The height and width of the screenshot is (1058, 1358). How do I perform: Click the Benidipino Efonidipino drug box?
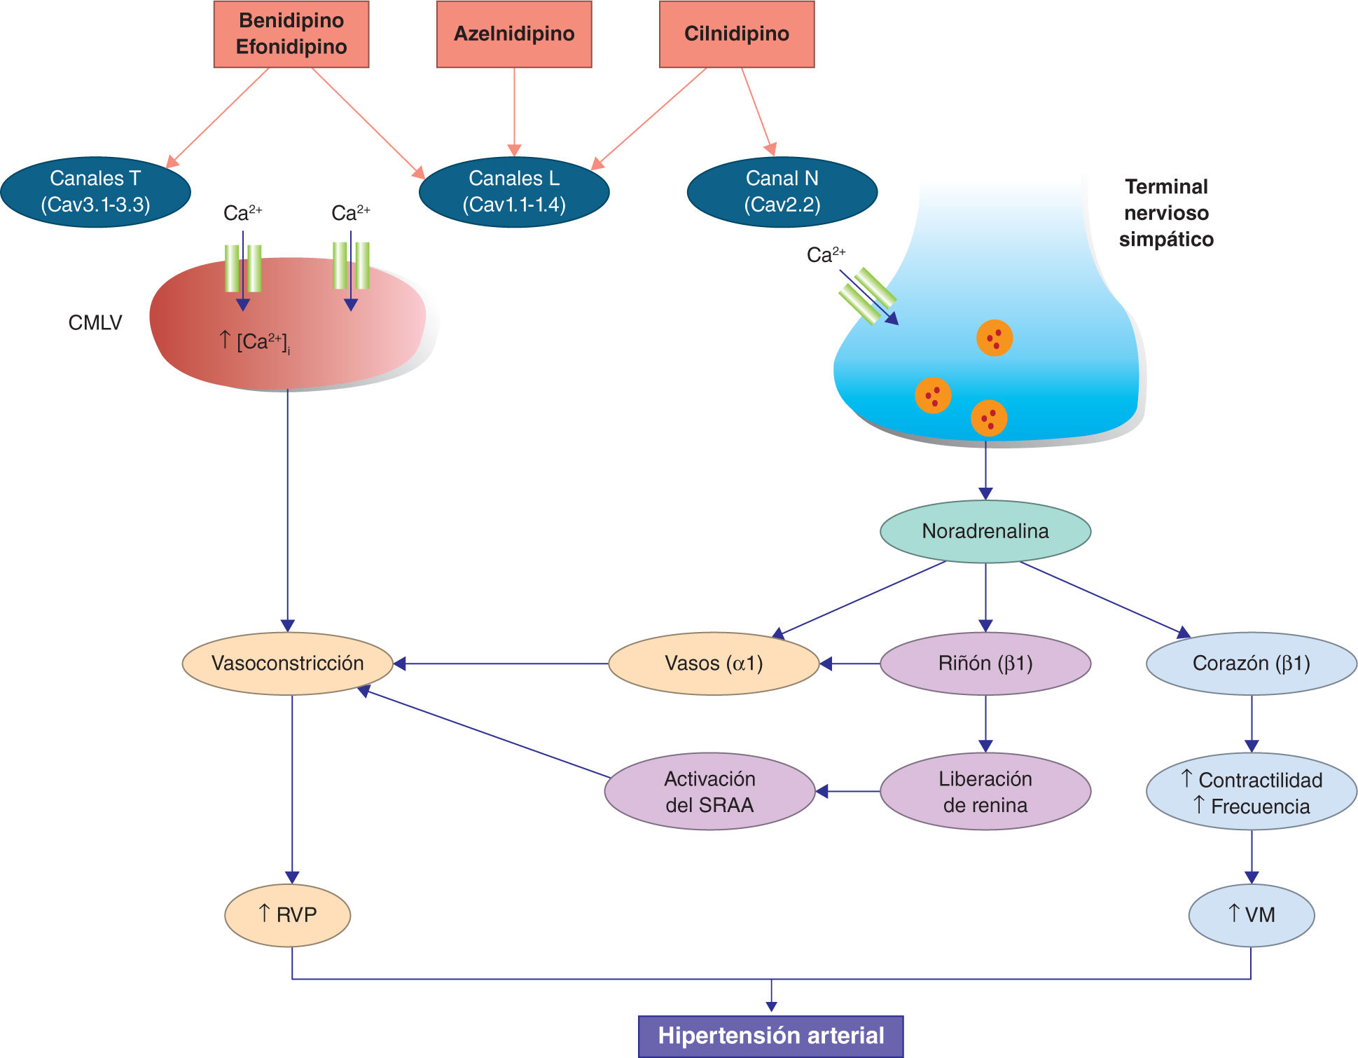pyautogui.click(x=291, y=34)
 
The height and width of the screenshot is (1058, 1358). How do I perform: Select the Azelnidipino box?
pyautogui.click(x=514, y=34)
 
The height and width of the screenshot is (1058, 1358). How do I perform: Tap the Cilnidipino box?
pyautogui.click(x=737, y=34)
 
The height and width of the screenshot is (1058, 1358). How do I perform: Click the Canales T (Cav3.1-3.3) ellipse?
pyautogui.click(x=96, y=191)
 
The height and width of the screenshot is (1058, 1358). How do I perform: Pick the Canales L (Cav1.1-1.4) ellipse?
pyautogui.click(x=514, y=191)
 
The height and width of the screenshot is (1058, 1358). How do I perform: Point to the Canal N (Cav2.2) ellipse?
pyautogui.click(x=782, y=191)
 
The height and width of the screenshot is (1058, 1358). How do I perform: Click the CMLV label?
pyautogui.click(x=95, y=322)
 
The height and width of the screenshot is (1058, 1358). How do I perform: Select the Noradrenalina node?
pyautogui.click(x=985, y=531)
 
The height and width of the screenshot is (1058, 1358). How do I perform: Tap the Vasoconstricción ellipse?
pyautogui.click(x=287, y=664)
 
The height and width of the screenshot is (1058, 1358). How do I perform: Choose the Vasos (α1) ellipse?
pyautogui.click(x=714, y=664)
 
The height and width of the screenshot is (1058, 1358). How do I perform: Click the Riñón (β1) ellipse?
pyautogui.click(x=985, y=664)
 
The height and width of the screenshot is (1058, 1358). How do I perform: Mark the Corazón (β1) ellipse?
pyautogui.click(x=1251, y=664)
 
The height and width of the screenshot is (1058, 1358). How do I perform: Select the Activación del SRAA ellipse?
pyautogui.click(x=709, y=792)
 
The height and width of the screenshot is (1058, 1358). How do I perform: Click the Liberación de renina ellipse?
pyautogui.click(x=985, y=792)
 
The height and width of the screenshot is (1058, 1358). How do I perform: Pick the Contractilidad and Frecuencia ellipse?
pyautogui.click(x=1251, y=792)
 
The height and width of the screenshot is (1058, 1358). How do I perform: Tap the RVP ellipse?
pyautogui.click(x=287, y=915)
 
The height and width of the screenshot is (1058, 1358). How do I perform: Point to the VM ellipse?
pyautogui.click(x=1251, y=915)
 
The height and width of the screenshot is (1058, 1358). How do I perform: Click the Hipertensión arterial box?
pyautogui.click(x=770, y=1036)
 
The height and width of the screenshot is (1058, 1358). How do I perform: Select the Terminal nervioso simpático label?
pyautogui.click(x=1166, y=213)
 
